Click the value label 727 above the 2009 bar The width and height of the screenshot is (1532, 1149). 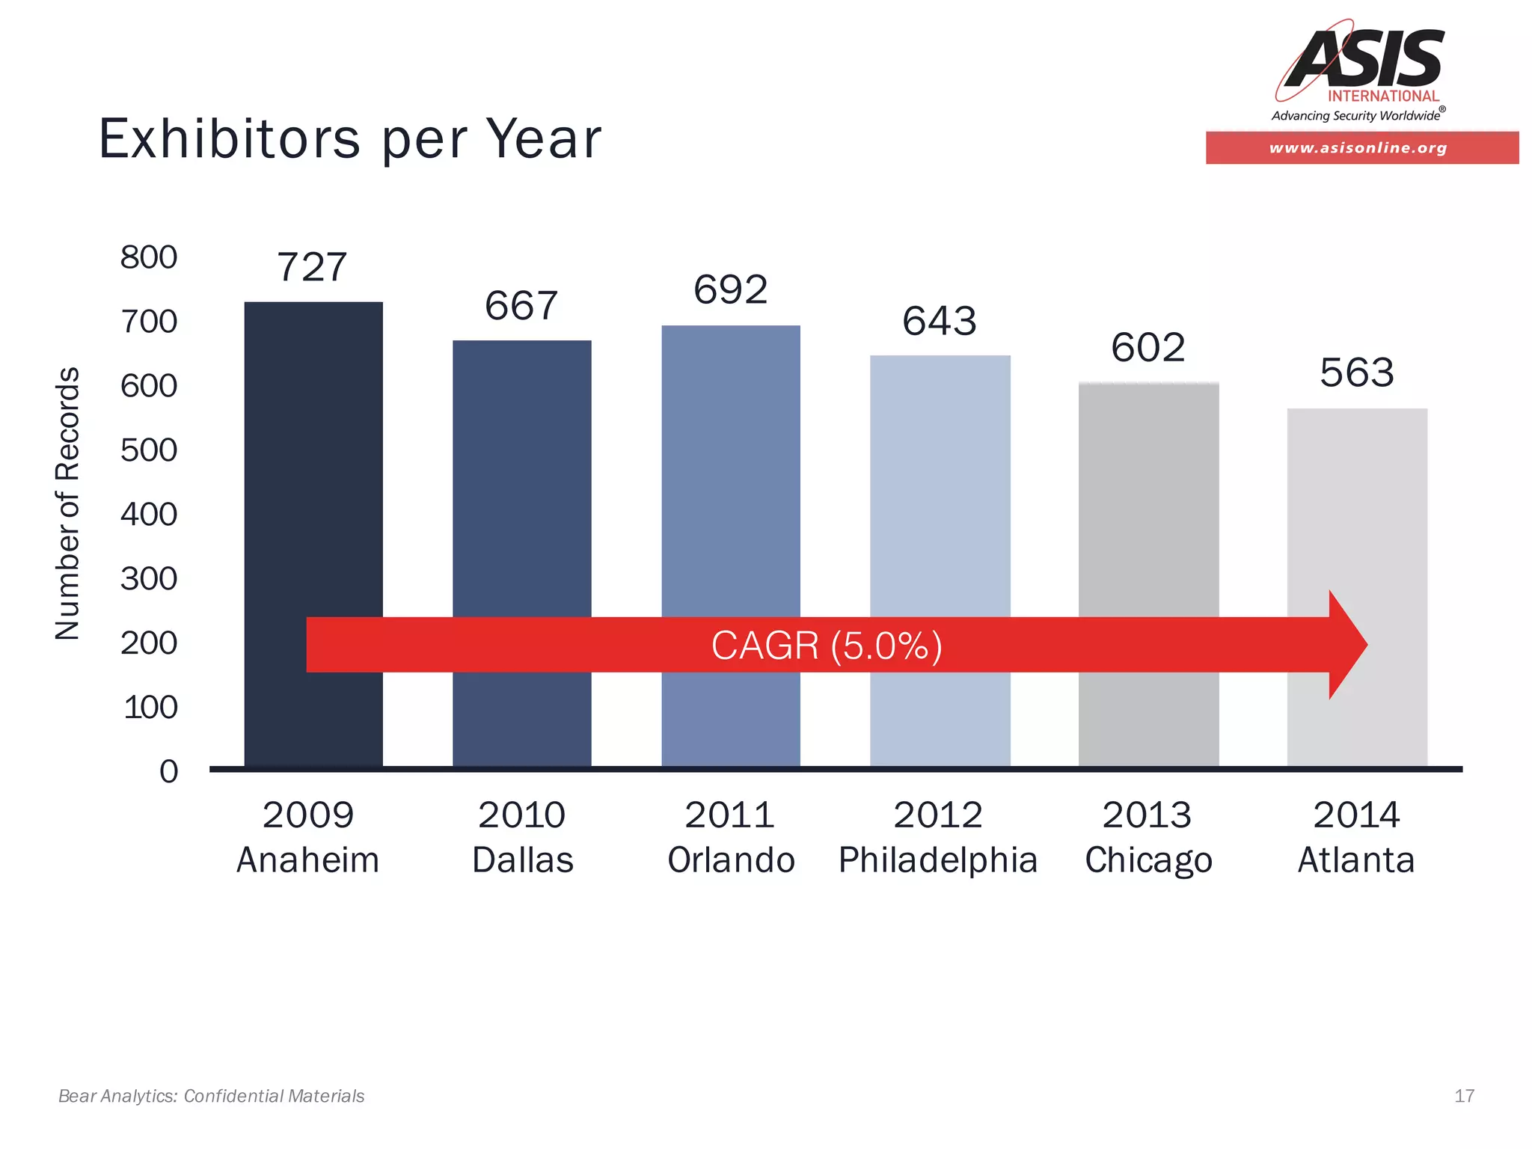tap(312, 267)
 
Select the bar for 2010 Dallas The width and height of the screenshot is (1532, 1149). tap(521, 479)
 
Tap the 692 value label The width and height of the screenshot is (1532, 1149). tap(730, 289)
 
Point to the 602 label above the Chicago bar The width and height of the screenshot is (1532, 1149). tap(1148, 348)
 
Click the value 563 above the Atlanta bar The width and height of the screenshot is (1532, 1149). tap(1356, 373)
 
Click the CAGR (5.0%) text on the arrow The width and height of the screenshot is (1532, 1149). tap(826, 646)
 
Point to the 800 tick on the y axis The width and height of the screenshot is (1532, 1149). tap(149, 257)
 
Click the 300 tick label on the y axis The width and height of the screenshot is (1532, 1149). tap(149, 579)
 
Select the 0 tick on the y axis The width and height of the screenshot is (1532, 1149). tap(169, 771)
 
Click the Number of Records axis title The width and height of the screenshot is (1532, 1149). tap(67, 503)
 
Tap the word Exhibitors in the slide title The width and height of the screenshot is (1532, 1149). tap(230, 139)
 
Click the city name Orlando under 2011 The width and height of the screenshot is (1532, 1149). tap(731, 860)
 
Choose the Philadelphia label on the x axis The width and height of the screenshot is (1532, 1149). tap(938, 860)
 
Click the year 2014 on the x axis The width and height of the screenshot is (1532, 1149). tap(1356, 815)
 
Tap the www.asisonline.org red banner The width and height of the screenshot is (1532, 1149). tap(1361, 148)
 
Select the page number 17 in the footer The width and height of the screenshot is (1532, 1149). tap(1464, 1096)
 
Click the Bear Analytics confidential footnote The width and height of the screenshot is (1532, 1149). tap(211, 1096)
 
